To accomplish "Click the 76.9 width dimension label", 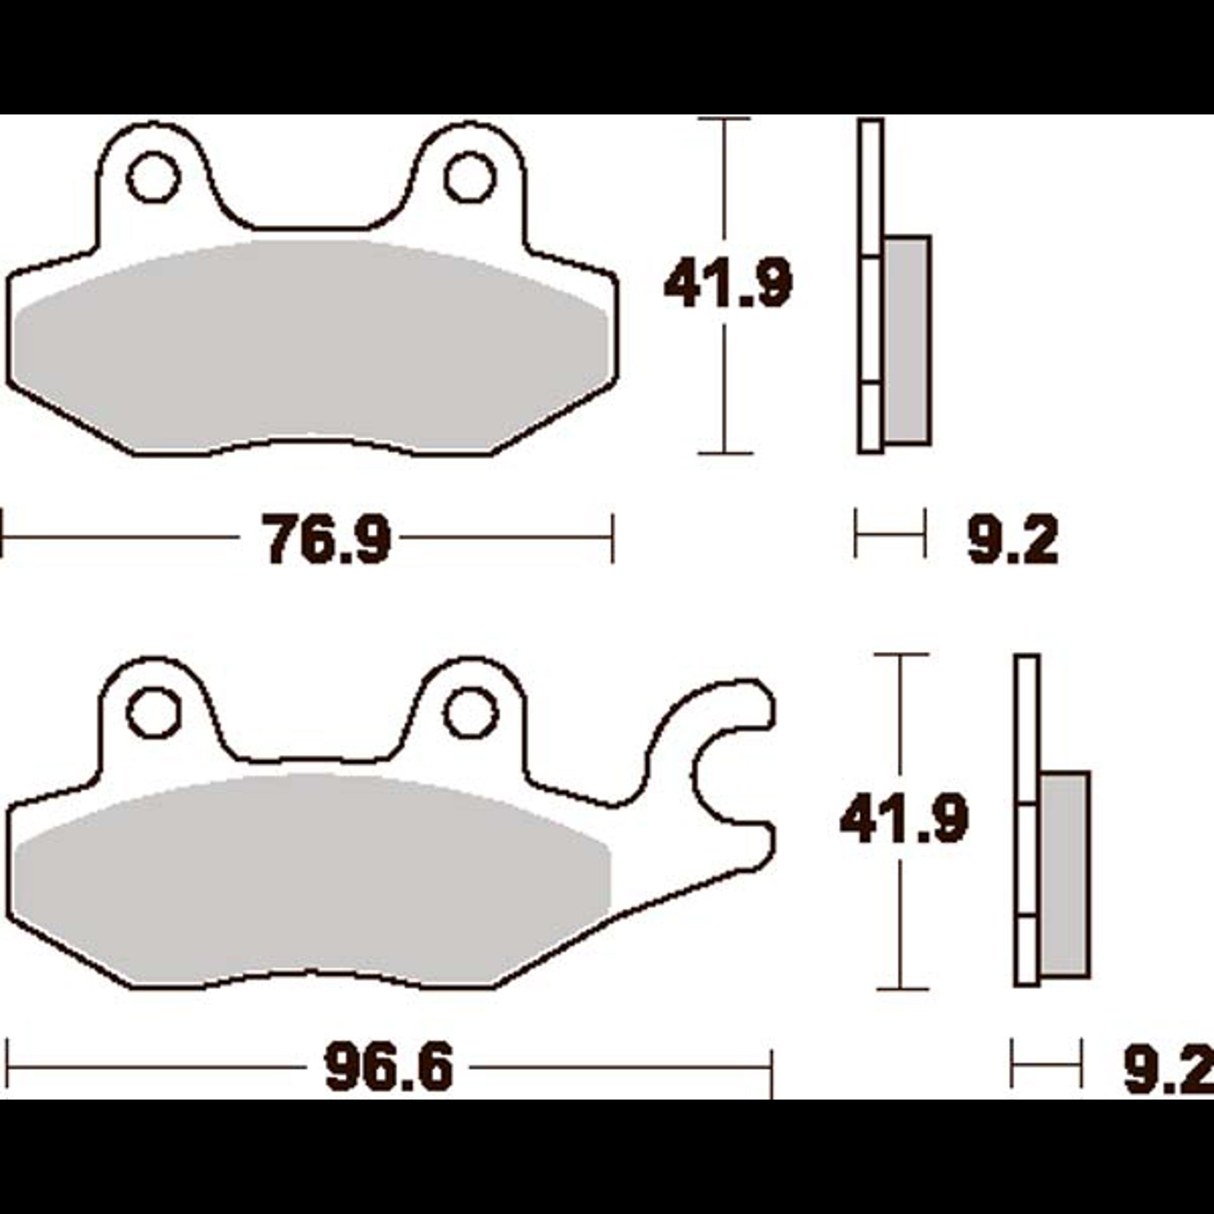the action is (327, 539).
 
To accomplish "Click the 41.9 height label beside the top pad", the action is (728, 283).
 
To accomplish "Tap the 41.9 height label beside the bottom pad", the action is (904, 818).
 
